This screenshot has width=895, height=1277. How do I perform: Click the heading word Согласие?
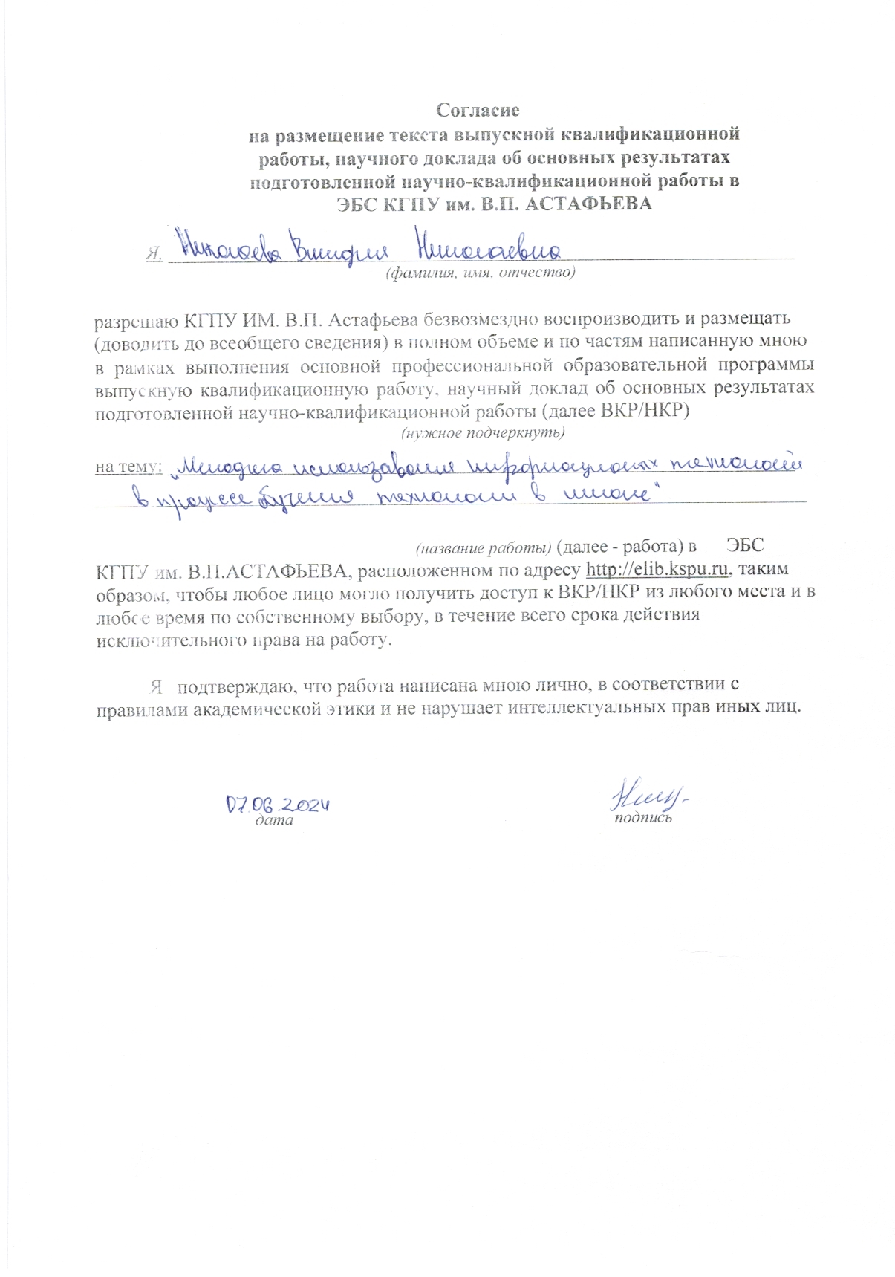tap(478, 110)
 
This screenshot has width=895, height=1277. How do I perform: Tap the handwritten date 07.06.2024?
tap(277, 804)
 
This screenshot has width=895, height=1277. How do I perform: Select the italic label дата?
tap(273, 821)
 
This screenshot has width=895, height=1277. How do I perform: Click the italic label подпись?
tap(642, 818)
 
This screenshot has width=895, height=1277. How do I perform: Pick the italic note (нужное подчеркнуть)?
tap(483, 432)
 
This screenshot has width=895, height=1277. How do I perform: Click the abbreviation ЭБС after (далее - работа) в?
tap(745, 545)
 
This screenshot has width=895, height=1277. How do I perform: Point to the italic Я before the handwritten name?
tap(154, 253)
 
